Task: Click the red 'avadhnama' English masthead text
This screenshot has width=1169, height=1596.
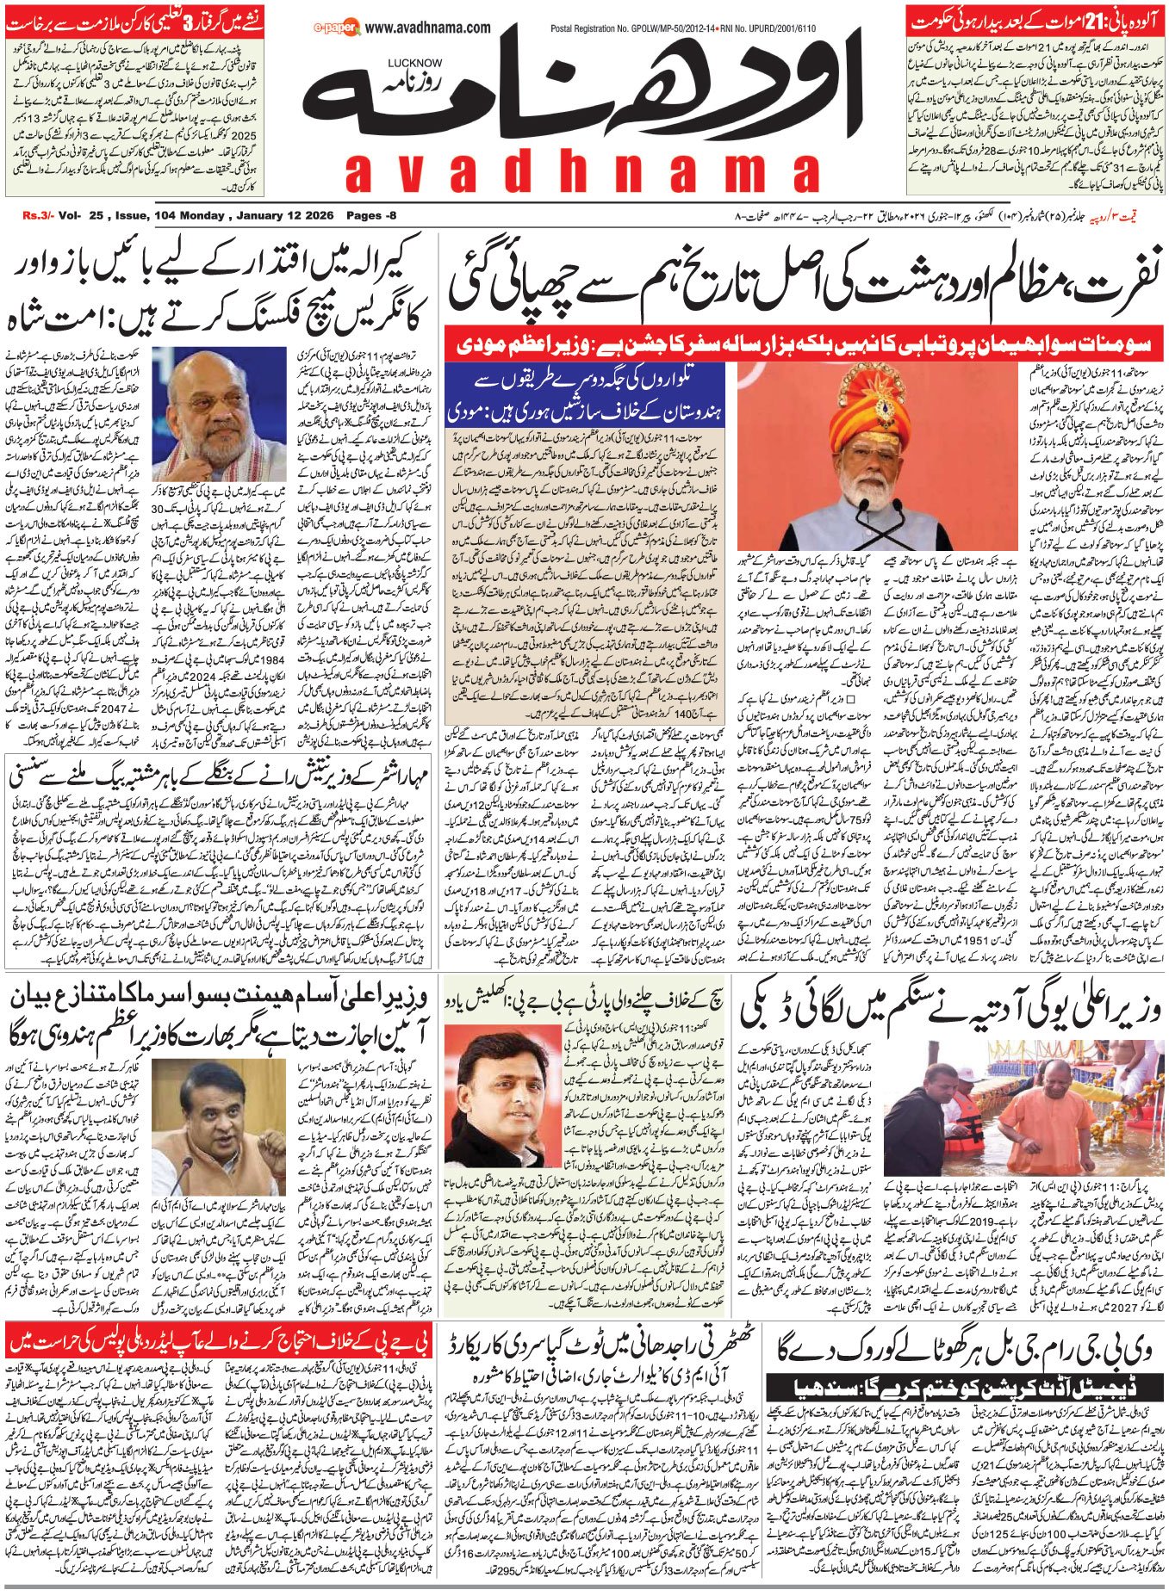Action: tap(582, 172)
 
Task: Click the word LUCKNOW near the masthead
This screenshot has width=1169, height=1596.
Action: tap(414, 63)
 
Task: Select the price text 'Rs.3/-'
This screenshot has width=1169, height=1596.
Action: tap(38, 215)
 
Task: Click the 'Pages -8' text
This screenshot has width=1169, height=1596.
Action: tap(371, 215)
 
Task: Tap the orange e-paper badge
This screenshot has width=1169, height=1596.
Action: tap(337, 29)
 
